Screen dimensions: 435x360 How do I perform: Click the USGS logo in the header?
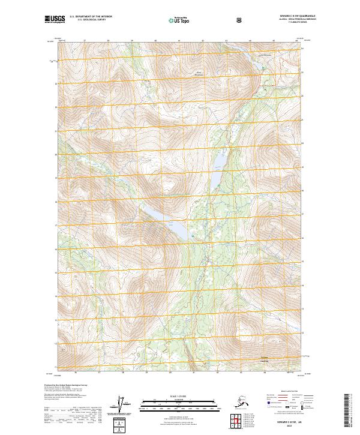55,19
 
